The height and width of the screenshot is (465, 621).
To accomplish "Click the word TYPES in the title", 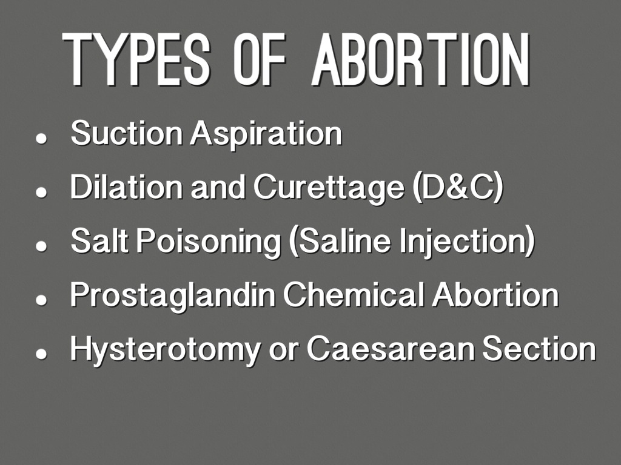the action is click(136, 59).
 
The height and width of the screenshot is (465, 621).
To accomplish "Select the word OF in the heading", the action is click(259, 59).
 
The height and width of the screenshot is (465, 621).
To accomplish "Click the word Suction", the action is click(126, 133).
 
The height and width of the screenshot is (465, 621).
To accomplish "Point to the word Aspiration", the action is click(266, 135).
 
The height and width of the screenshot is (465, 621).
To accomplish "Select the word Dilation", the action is click(126, 186).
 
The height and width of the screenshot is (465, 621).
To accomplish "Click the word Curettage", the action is click(329, 189).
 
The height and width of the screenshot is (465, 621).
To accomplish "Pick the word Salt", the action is click(99, 240).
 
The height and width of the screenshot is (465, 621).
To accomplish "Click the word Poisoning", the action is click(209, 242).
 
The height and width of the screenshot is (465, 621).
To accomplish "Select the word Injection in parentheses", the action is click(468, 242).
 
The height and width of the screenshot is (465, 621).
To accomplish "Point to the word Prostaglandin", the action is click(172, 296).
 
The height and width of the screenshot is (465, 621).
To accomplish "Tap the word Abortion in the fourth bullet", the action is click(495, 295).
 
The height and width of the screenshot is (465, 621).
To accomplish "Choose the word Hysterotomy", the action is click(165, 350).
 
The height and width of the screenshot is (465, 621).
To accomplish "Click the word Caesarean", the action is click(391, 349).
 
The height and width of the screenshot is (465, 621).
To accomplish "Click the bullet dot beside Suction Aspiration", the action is click(41, 139).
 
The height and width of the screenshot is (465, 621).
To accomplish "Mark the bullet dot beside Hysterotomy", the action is click(41, 354).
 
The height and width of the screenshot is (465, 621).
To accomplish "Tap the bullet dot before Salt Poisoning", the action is click(41, 246).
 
